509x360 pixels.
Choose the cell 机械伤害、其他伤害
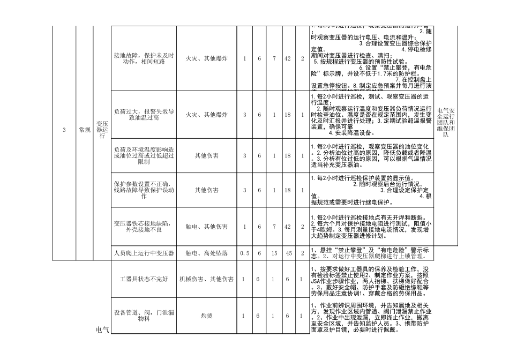tap(207, 279)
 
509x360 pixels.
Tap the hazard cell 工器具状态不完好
tap(144, 279)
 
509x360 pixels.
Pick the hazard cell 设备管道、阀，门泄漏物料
tap(144, 316)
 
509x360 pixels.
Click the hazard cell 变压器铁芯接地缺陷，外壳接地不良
tap(144, 227)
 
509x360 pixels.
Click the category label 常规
tap(84, 130)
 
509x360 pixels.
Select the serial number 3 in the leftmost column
tap(64, 130)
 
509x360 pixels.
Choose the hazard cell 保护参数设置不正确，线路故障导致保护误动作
tap(144, 190)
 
